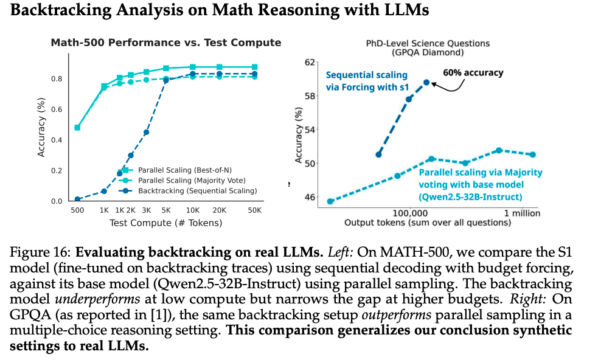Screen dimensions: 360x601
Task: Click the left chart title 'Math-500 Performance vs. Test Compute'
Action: (165, 43)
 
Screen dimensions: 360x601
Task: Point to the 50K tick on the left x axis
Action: (254, 210)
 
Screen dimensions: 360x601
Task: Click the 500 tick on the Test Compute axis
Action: (77, 210)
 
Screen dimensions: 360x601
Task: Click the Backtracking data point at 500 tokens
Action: (77, 199)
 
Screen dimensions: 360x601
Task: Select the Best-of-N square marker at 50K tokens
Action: (254, 67)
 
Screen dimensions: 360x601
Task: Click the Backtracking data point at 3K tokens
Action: (147, 132)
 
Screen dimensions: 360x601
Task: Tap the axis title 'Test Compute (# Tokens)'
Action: (165, 223)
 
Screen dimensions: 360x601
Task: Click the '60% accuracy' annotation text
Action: (473, 73)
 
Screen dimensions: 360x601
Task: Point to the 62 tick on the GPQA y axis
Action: (310, 62)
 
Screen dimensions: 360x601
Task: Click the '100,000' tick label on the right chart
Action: (410, 213)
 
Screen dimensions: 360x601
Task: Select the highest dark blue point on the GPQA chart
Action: (426, 82)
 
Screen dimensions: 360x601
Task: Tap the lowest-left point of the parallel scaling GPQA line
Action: (330, 201)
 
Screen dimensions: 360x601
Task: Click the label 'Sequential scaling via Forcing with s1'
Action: (366, 81)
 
